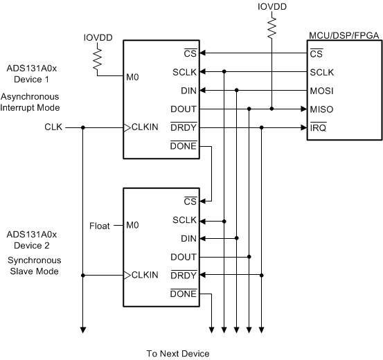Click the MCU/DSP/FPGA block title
click(x=344, y=34)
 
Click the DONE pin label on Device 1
click(x=184, y=146)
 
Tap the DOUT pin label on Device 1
click(x=184, y=109)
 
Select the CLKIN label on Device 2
click(x=145, y=275)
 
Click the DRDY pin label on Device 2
click(x=184, y=275)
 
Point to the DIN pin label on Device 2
click(x=188, y=238)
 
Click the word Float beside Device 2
click(x=100, y=226)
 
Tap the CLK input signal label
click(x=53, y=127)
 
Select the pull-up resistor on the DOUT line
click(x=271, y=26)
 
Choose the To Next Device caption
click(x=177, y=353)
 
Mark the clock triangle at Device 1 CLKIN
click(x=127, y=127)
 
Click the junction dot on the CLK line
click(x=82, y=127)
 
